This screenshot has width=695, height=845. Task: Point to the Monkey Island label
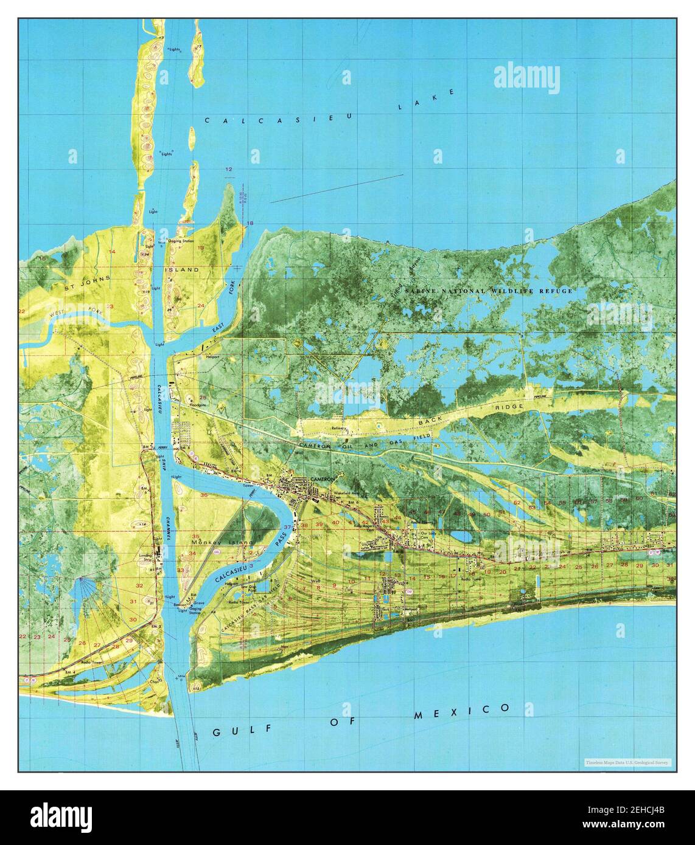tap(213, 542)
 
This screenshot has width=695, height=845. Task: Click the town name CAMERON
tap(323, 480)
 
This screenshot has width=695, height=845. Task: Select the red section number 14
tap(112, 251)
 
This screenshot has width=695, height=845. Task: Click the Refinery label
tap(339, 429)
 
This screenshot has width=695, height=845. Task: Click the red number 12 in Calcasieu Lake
tap(229, 169)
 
